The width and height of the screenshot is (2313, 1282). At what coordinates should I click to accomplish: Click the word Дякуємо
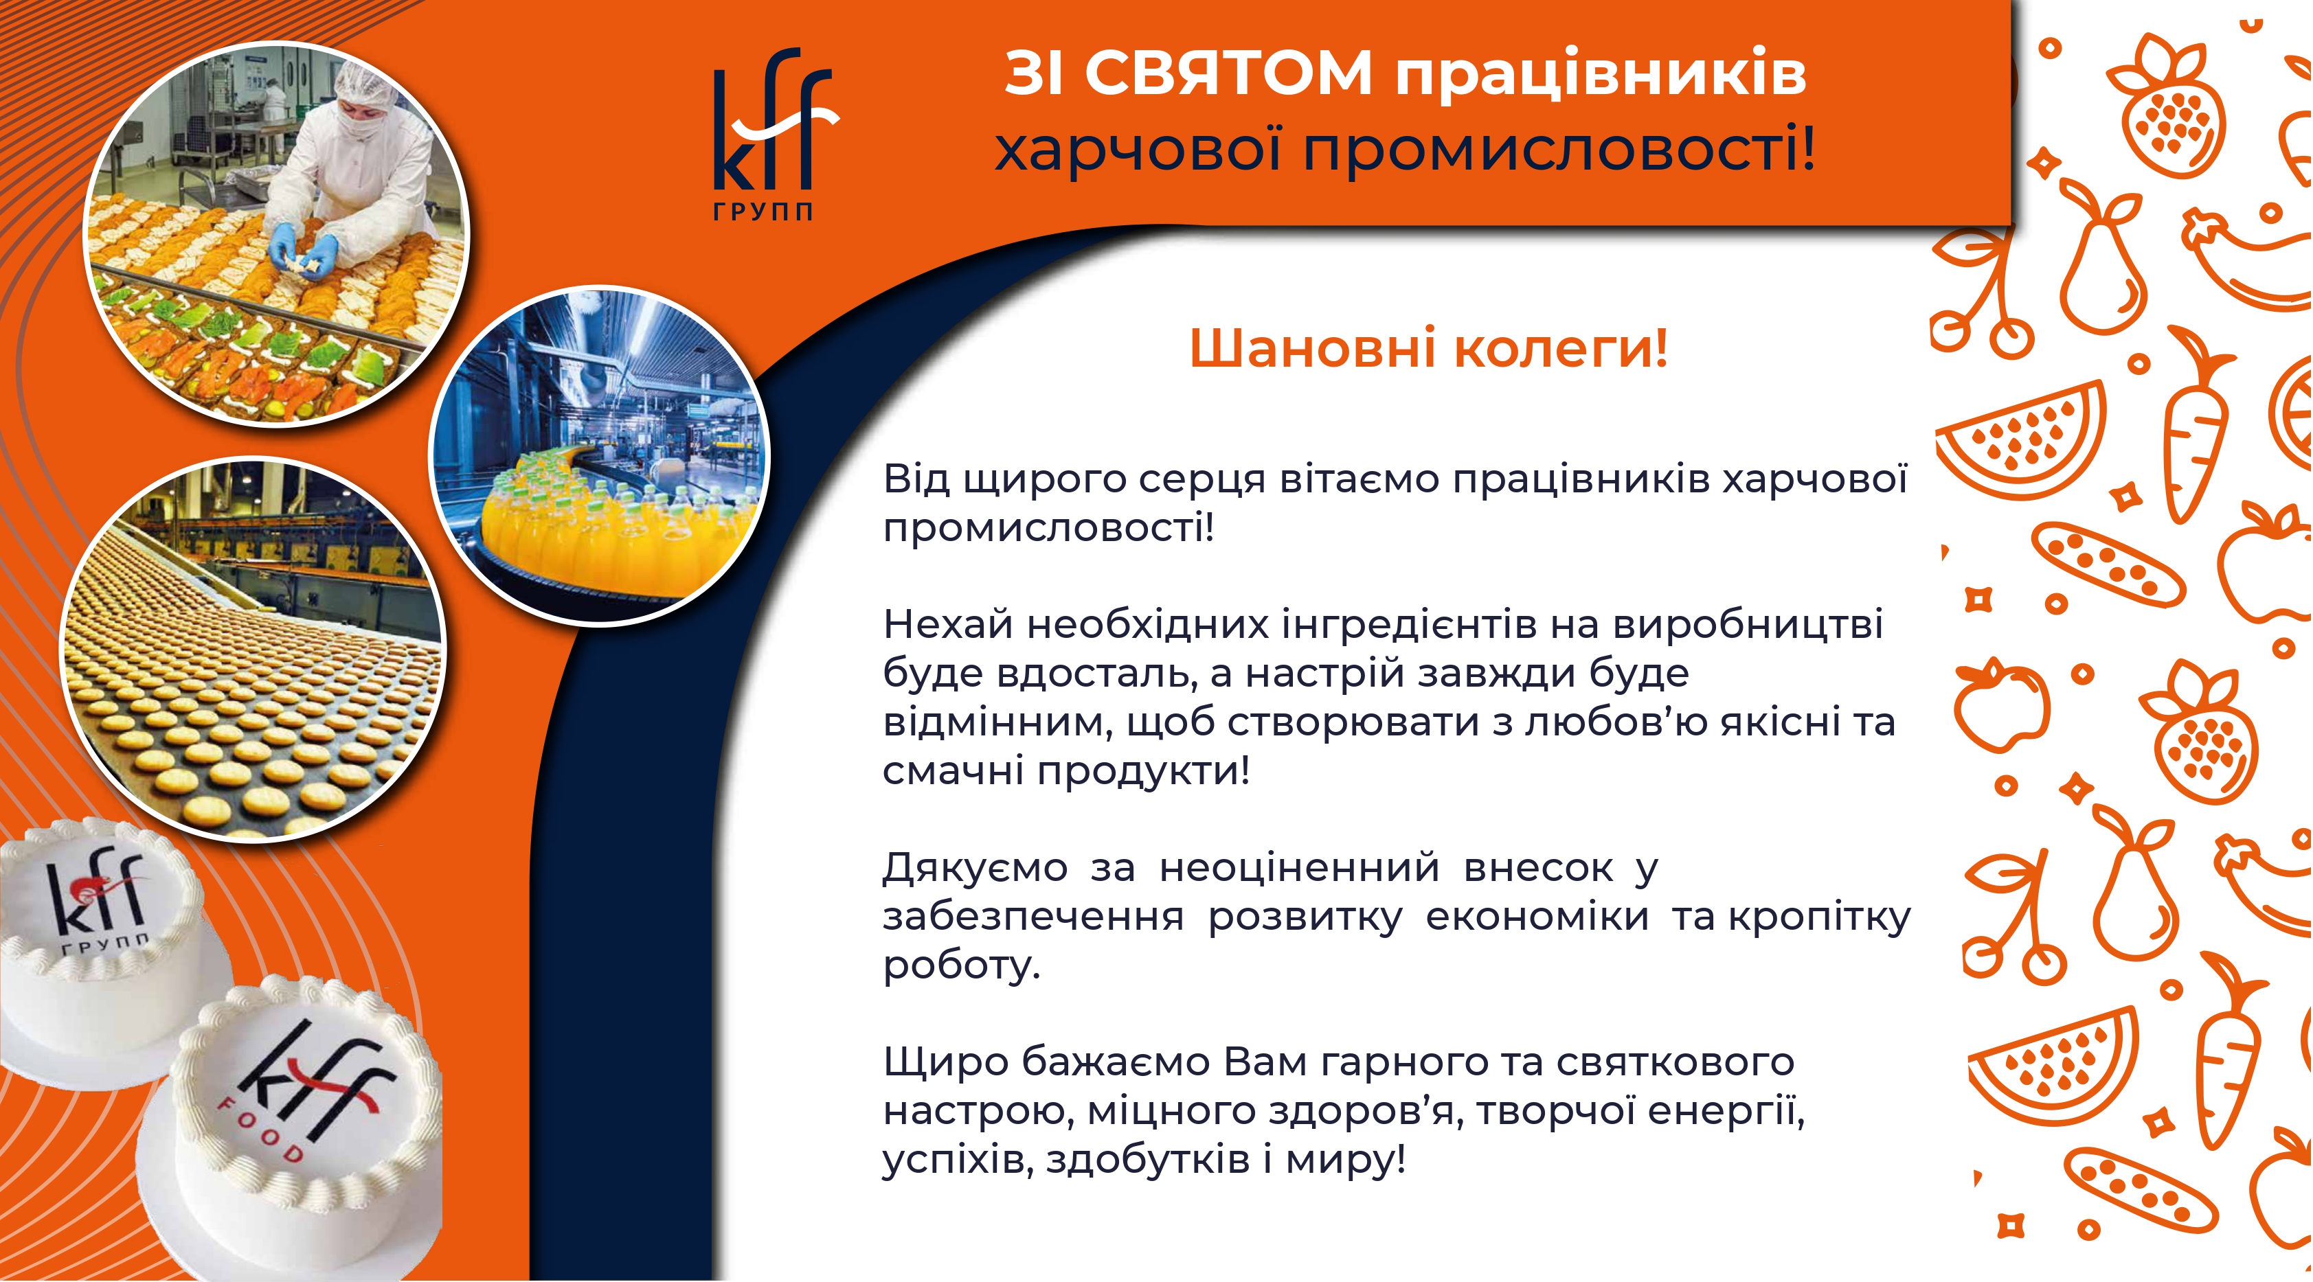pyautogui.click(x=975, y=868)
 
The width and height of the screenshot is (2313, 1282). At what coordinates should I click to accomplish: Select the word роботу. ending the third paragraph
pyautogui.click(x=962, y=966)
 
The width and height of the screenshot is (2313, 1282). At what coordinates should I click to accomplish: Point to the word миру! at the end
pyautogui.click(x=1345, y=1160)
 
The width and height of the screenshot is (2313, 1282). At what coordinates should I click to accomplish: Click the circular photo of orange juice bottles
pyautogui.click(x=600, y=455)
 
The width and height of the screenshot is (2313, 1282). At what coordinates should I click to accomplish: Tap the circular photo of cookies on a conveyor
pyautogui.click(x=253, y=651)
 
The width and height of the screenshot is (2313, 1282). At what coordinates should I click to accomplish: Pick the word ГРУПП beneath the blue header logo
pyautogui.click(x=763, y=212)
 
